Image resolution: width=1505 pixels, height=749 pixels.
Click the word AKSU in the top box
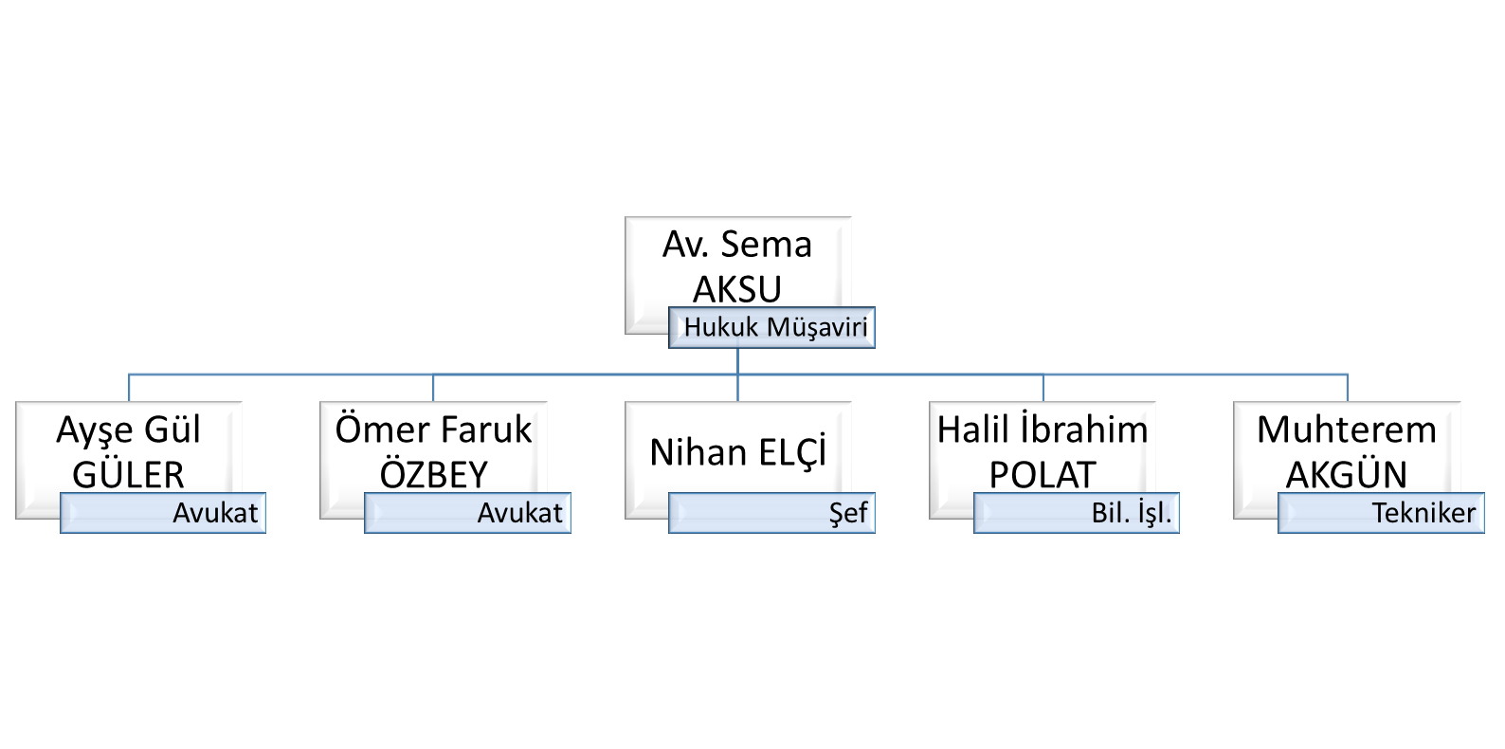coord(737,288)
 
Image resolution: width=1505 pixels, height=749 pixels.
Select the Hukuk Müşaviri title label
coord(775,327)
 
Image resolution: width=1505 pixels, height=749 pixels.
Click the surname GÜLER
coord(128,474)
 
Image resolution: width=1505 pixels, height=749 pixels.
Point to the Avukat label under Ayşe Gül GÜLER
coord(215,513)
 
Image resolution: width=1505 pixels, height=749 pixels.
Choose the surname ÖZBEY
coord(433,474)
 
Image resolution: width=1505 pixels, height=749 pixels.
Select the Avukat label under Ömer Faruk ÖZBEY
coord(519,513)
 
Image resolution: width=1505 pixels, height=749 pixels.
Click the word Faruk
coord(486,430)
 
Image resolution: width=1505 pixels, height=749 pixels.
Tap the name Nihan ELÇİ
coord(737,452)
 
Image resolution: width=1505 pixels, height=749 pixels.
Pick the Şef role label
coord(848,513)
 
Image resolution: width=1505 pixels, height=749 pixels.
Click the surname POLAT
coord(1043,474)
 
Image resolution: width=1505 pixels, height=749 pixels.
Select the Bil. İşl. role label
coord(1131,513)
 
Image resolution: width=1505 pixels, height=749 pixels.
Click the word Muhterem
coord(1346,430)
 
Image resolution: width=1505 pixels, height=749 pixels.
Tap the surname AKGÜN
coord(1346,474)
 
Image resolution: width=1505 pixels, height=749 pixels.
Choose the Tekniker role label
coord(1423,513)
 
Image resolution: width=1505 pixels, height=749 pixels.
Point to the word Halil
coord(972,430)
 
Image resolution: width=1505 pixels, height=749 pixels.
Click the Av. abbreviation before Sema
coord(684,245)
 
